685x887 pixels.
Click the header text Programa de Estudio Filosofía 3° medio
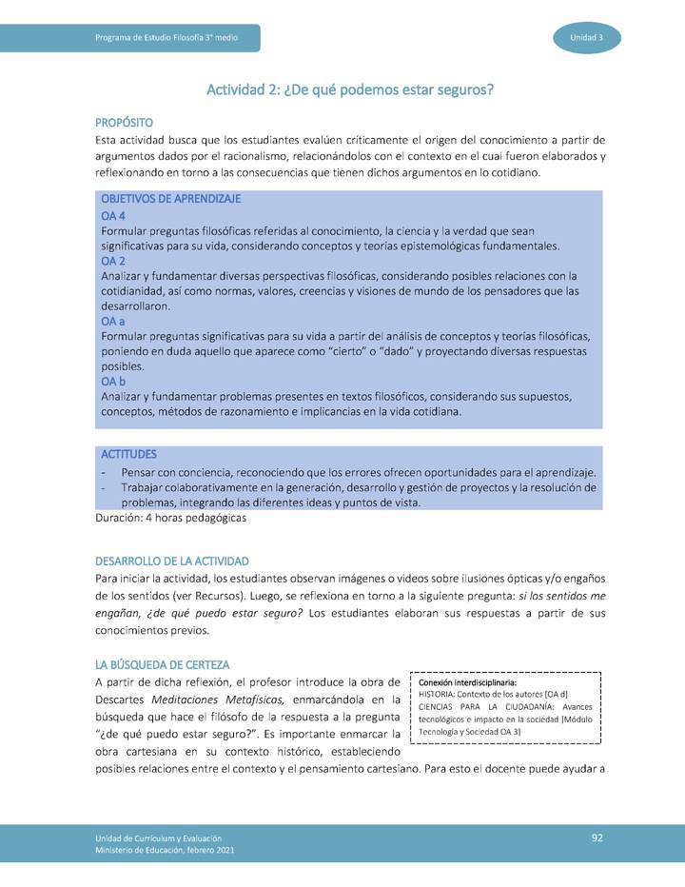coord(166,38)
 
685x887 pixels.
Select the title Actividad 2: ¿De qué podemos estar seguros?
coord(350,90)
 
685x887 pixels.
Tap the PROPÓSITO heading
coord(124,123)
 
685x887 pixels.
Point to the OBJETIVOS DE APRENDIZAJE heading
coord(170,199)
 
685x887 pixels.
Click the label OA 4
coord(113,215)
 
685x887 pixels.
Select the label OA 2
coord(113,261)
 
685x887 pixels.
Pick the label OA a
coord(113,322)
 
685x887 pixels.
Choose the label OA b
coord(113,382)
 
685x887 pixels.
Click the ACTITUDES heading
coord(129,454)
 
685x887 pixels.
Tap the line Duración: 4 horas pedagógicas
coord(171,519)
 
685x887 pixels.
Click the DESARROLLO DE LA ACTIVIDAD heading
coord(172,561)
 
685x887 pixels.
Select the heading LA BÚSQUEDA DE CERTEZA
coord(162,663)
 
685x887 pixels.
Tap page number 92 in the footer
coord(597,838)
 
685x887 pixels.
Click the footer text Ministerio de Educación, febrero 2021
coord(164,850)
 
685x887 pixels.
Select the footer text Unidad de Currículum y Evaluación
coord(158,837)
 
